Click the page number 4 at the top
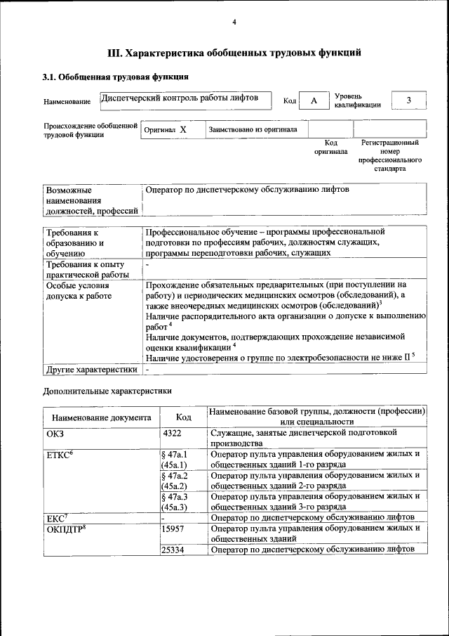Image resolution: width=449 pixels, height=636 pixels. click(234, 22)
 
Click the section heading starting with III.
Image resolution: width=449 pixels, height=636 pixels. click(234, 52)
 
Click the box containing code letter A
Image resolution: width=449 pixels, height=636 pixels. click(314, 101)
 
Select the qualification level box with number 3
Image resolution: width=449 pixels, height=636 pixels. click(408, 100)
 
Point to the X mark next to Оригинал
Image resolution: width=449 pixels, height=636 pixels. click(182, 130)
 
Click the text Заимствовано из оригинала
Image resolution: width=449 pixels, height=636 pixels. click(253, 130)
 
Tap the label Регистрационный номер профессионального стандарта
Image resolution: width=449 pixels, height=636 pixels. click(389, 155)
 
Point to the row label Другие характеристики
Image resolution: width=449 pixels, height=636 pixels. click(91, 369)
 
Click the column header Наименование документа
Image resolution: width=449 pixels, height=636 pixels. click(101, 417)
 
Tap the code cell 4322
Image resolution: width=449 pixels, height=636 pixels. click(172, 434)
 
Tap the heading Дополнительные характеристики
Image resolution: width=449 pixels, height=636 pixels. click(107, 390)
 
